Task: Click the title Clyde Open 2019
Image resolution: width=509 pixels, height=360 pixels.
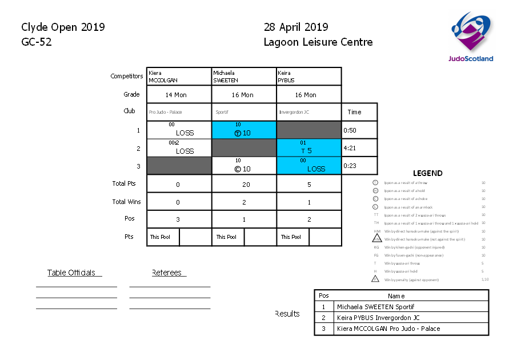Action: [63, 27]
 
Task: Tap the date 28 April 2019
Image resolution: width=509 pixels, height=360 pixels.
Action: [296, 27]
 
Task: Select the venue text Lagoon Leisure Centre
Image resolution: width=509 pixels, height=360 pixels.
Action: [318, 42]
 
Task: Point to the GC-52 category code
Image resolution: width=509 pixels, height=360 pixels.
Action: [37, 42]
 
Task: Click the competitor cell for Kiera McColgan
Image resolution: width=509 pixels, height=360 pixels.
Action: [179, 77]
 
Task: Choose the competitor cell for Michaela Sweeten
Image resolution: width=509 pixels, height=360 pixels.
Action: [244, 77]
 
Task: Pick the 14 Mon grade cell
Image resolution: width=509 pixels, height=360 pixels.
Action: [179, 95]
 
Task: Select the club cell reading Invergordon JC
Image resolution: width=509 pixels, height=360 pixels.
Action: [309, 112]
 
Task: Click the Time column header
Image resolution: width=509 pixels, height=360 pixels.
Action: [354, 112]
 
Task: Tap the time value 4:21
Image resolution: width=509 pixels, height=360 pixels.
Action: [350, 148]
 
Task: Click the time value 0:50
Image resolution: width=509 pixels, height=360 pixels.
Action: [350, 130]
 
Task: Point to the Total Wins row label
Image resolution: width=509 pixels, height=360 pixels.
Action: [126, 202]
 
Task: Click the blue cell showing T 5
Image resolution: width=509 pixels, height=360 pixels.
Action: [309, 148]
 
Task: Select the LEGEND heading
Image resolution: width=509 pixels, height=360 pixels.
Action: [427, 173]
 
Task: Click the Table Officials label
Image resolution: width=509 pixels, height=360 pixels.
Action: [71, 273]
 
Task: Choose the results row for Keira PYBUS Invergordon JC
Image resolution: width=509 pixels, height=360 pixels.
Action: [402, 318]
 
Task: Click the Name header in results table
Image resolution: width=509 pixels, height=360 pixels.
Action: [396, 296]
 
